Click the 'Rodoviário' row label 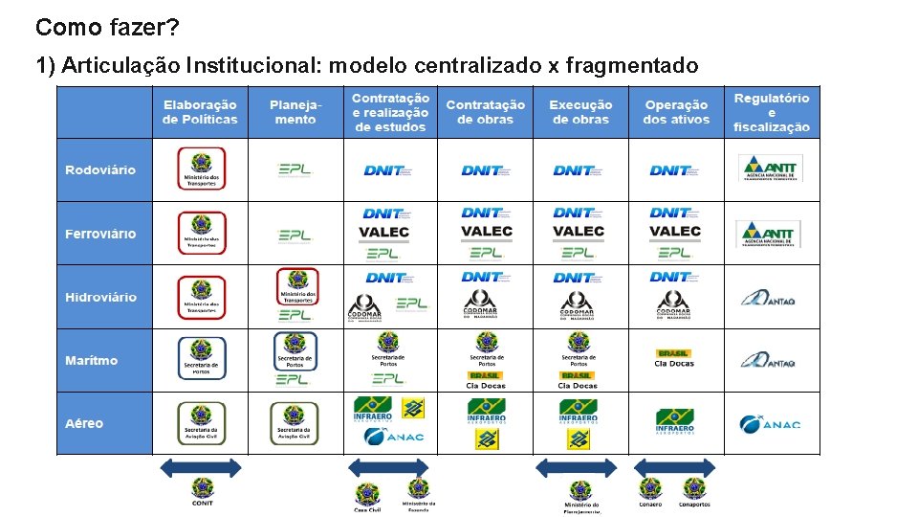pos(100,170)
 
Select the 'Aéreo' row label pos(84,423)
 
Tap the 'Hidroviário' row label pos(100,297)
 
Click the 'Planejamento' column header pos(295,112)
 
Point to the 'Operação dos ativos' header pos(676,112)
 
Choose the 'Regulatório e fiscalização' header pos(772,112)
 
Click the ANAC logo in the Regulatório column pos(770,422)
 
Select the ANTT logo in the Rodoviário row pos(771,169)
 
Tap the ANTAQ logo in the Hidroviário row pos(770,298)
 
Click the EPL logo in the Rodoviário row pos(295,170)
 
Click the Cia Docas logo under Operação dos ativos pos(674,358)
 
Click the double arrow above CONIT pos(201,467)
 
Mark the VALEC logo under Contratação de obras pos(486,232)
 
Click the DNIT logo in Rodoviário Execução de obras pos(579,170)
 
